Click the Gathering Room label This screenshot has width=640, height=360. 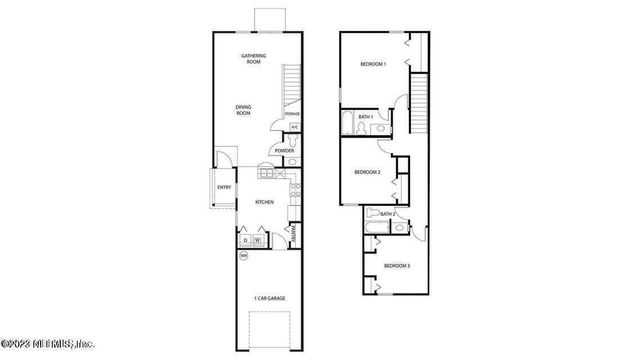[252, 58]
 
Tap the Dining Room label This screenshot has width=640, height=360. [243, 110]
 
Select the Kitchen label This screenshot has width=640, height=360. [264, 203]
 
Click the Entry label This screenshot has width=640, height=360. [224, 187]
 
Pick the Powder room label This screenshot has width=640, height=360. [284, 151]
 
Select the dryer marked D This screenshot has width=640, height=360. [244, 239]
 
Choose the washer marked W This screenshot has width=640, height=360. [258, 239]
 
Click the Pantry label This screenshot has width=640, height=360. [294, 235]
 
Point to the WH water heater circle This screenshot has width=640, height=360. [243, 257]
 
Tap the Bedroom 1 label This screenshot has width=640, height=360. [373, 65]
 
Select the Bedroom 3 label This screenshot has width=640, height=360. [397, 265]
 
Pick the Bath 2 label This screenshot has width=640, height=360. [387, 214]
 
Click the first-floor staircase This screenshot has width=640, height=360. [291, 88]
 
